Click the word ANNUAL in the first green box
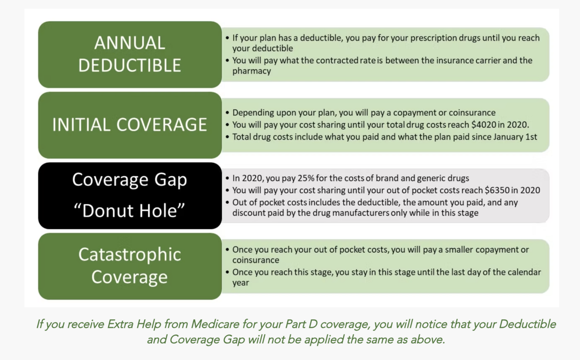[x=130, y=43]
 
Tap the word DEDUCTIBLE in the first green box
[x=130, y=65]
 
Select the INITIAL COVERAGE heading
[x=130, y=125]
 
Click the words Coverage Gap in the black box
[x=130, y=180]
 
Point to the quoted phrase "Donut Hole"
[x=130, y=210]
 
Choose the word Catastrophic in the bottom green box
[x=130, y=255]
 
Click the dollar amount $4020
[x=484, y=125]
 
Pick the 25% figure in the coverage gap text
[x=306, y=178]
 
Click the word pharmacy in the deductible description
[x=251, y=71]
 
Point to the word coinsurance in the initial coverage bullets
[x=472, y=113]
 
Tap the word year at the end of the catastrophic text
[x=241, y=283]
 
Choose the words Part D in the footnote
[x=301, y=324]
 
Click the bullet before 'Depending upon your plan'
[x=227, y=113]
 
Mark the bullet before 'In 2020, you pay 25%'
[x=227, y=179]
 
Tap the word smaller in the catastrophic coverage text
[x=460, y=250]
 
